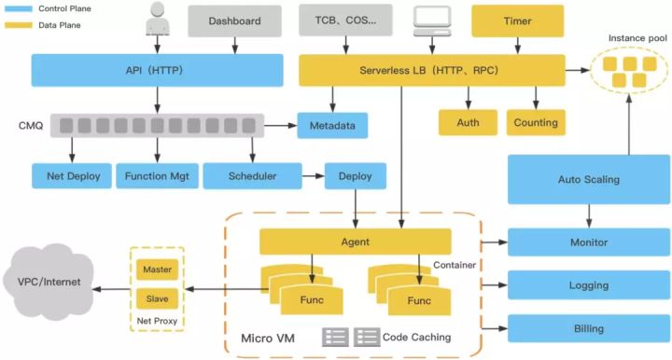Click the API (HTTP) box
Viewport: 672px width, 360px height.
157,70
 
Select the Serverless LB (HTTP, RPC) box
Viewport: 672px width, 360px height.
431,70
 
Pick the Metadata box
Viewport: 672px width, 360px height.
332,124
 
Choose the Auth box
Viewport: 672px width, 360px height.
468,122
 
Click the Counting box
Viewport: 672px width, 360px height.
536,122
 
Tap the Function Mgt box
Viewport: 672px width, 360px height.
154,175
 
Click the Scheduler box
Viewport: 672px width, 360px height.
252,175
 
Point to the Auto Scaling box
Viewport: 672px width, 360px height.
589,179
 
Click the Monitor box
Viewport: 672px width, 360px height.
589,242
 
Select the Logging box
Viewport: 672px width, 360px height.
589,285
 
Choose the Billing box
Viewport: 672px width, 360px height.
589,328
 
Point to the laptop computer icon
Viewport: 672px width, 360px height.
432,20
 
